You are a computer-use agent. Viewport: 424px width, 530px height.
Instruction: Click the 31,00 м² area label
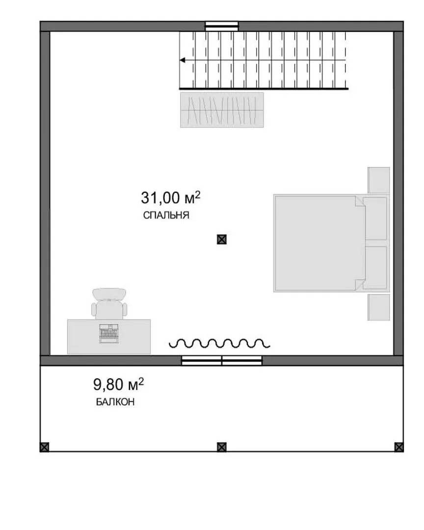click(x=170, y=197)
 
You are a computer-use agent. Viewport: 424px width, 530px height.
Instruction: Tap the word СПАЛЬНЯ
click(x=166, y=215)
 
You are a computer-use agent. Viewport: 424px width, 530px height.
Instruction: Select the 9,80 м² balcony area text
click(x=118, y=384)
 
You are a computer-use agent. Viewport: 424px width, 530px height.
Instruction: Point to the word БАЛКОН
click(x=115, y=402)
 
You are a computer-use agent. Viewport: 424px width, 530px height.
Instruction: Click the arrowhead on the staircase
click(x=183, y=60)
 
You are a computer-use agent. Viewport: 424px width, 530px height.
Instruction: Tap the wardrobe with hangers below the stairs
click(x=222, y=110)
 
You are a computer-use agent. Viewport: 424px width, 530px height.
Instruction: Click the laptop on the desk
click(x=109, y=333)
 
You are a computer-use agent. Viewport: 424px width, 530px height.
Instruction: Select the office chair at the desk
click(x=109, y=303)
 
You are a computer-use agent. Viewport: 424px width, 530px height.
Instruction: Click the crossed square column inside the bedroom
click(x=221, y=239)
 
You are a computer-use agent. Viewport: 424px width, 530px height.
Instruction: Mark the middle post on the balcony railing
click(x=221, y=447)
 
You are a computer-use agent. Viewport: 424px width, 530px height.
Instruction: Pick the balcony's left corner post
click(x=44, y=447)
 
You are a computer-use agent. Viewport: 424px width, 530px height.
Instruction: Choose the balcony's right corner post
click(x=399, y=447)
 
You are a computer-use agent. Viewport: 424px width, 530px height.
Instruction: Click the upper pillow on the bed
click(x=375, y=218)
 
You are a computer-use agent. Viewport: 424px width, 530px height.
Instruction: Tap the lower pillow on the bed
click(x=375, y=268)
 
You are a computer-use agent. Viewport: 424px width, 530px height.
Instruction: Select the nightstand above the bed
click(x=379, y=180)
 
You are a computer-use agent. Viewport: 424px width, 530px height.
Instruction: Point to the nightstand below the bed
click(x=379, y=307)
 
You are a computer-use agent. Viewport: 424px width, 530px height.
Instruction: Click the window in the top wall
click(x=222, y=26)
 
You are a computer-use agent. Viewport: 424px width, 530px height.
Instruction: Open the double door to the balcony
click(x=222, y=361)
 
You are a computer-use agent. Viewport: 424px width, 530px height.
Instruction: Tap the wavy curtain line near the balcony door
click(x=219, y=343)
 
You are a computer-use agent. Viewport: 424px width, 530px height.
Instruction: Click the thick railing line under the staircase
click(x=264, y=89)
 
